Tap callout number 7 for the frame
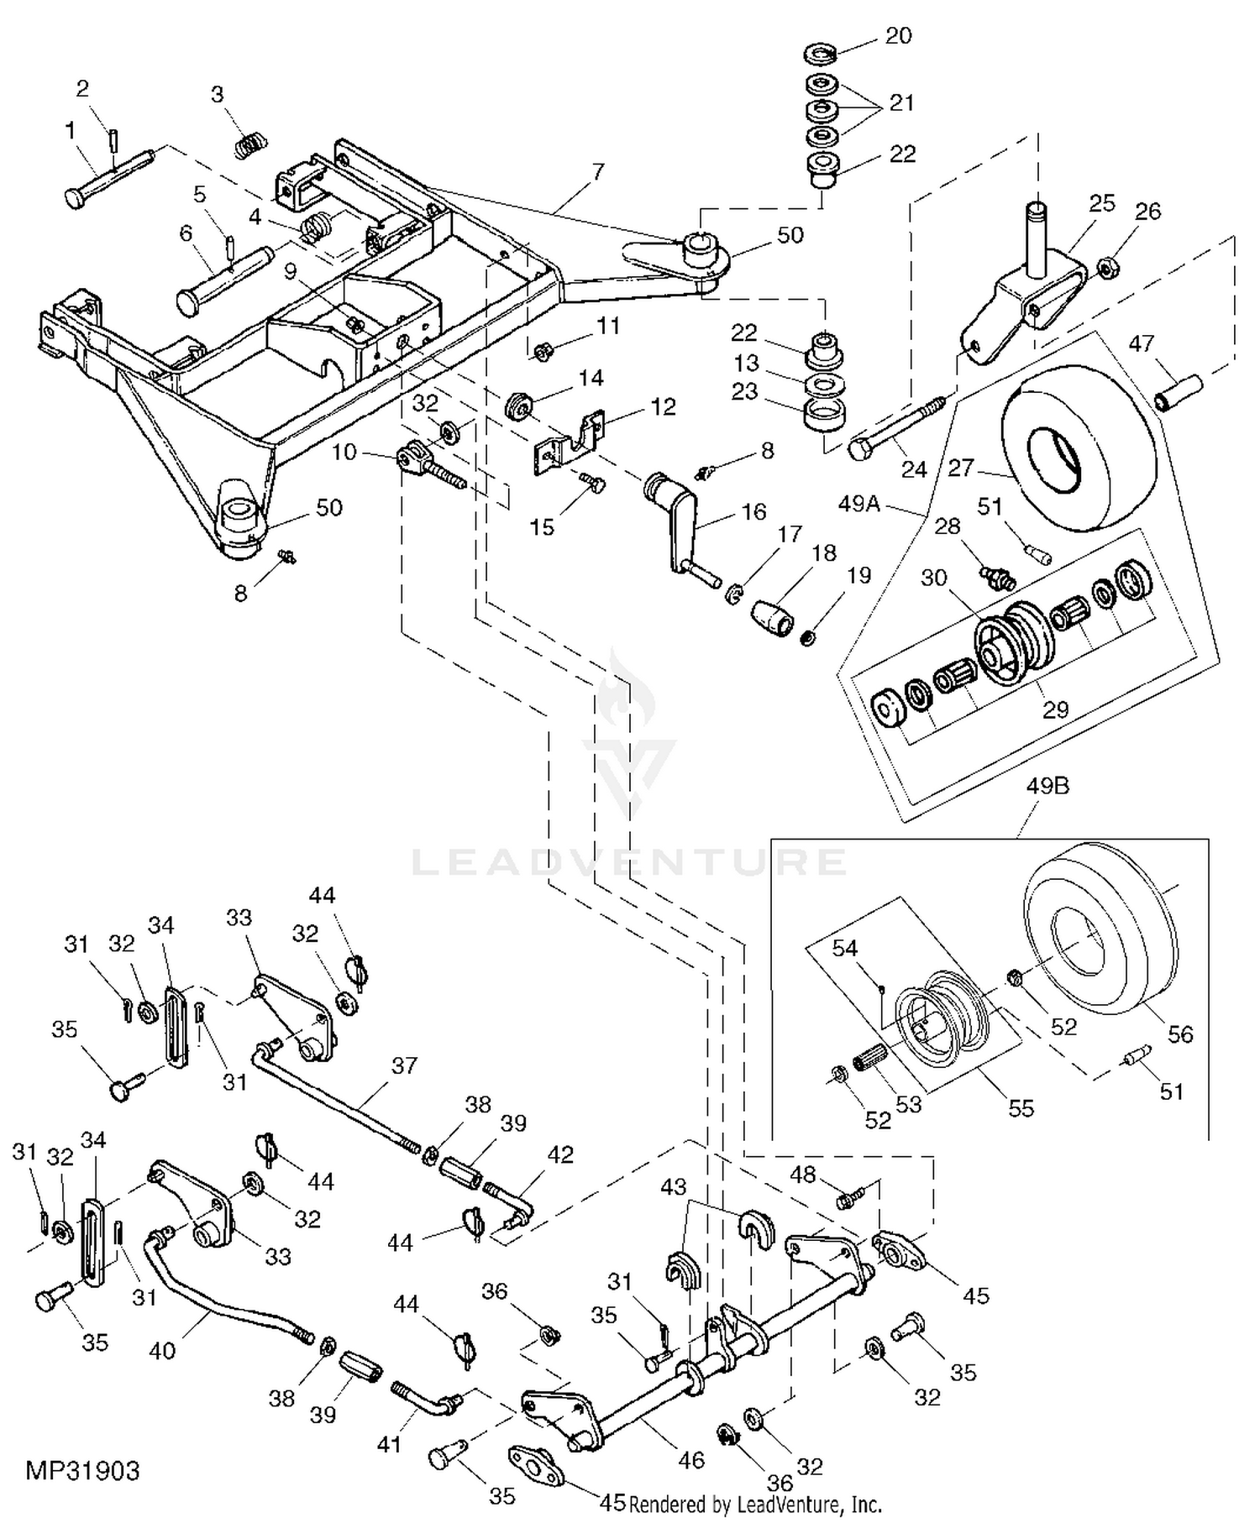coord(597,172)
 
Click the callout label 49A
coord(858,504)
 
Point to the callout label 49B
coord(1047,787)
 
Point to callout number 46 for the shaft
coord(690,1460)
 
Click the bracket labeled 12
coord(571,441)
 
